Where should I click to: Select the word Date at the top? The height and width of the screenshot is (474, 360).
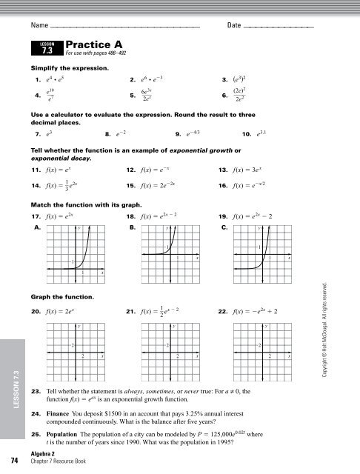click(x=234, y=26)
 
